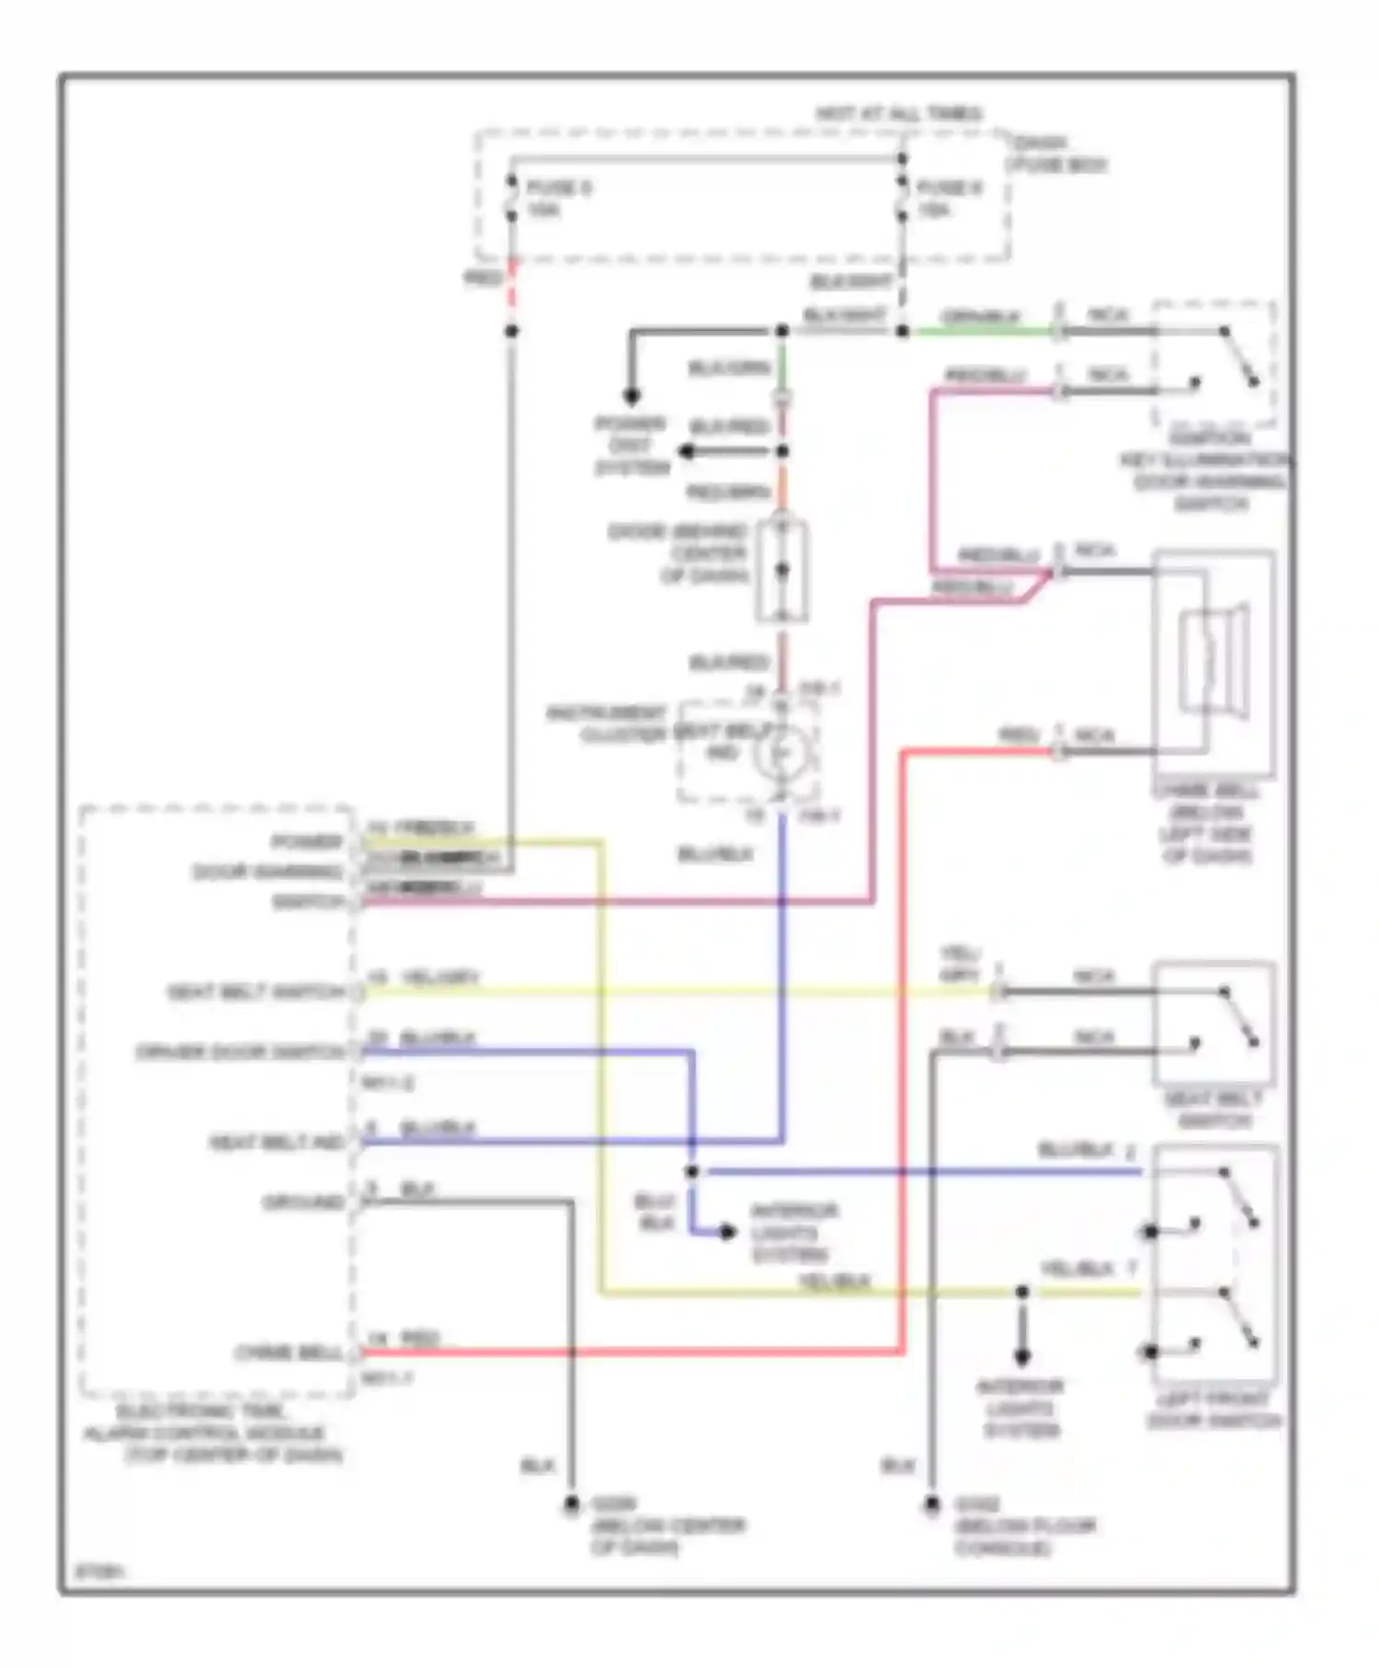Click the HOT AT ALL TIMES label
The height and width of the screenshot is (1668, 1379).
898,114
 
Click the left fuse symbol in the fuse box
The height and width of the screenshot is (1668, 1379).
511,199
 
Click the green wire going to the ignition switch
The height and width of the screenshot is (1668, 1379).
979,331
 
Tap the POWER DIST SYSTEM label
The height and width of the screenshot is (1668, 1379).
632,446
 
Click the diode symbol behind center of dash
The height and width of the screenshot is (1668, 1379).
781,570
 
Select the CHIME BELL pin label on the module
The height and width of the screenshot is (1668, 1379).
288,1353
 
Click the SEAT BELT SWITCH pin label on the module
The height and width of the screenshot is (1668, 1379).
255,993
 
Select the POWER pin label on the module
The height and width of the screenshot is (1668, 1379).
306,842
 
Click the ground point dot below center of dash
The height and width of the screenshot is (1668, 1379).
571,1505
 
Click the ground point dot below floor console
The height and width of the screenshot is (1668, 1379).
931,1505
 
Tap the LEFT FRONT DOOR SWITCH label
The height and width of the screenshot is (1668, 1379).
1214,1410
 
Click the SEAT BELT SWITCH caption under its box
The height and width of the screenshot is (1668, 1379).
1214,1110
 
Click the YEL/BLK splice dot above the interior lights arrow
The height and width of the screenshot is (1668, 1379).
1021,1292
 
